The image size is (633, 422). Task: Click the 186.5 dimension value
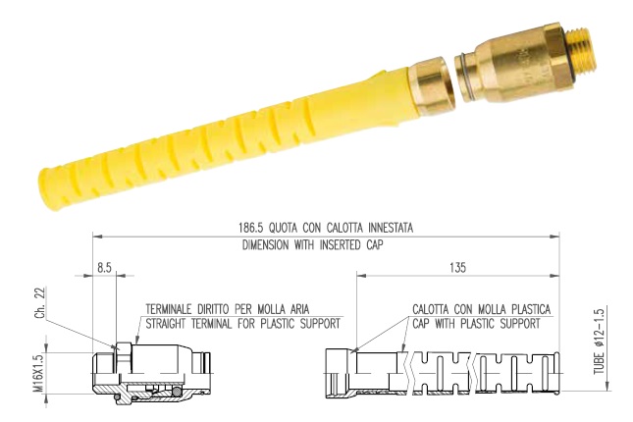[250, 228]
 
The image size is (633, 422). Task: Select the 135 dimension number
[457, 268]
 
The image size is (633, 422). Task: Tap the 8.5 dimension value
[104, 268]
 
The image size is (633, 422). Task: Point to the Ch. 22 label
[40, 302]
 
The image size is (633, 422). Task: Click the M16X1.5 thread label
[38, 374]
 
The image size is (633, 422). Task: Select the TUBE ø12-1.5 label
[599, 342]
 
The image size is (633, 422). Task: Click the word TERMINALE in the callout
[169, 309]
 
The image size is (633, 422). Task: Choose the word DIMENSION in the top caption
[266, 245]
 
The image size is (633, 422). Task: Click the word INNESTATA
[391, 228]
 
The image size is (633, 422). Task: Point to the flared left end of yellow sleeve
[50, 185]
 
